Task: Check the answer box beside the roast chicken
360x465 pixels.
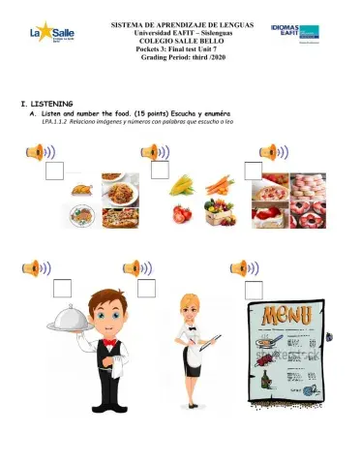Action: [56, 170]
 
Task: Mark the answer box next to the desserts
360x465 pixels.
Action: [254, 170]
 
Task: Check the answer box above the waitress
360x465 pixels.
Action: [146, 288]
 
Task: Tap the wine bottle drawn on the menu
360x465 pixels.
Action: [264, 384]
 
